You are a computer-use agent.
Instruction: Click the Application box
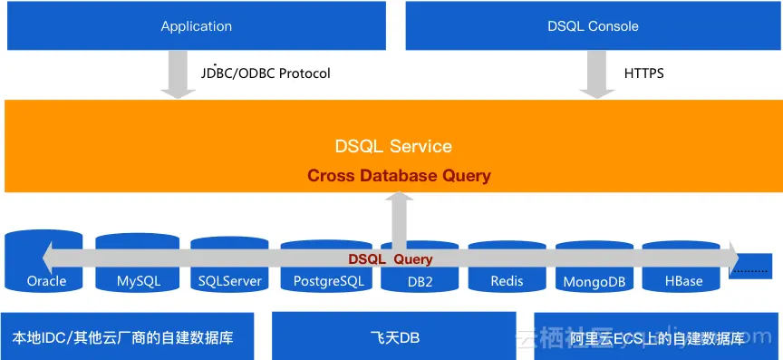coord(197,25)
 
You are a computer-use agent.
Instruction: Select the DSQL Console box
coord(594,25)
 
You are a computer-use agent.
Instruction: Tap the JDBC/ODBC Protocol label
coord(266,73)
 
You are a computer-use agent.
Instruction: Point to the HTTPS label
coord(644,73)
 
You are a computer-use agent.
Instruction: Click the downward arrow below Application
coord(178,74)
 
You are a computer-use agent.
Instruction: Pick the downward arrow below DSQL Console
coord(597,74)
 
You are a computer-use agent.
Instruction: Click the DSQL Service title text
coord(393,147)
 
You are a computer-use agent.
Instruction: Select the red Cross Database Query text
coord(399,176)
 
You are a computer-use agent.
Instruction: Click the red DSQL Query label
coord(391,259)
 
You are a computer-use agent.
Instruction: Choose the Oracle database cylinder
coord(43,260)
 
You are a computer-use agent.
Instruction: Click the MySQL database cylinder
coord(138,262)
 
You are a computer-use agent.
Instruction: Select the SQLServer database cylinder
coord(229,264)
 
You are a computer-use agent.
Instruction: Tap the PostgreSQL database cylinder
coord(326,266)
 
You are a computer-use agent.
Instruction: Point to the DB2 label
coord(420,281)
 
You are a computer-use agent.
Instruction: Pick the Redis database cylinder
coord(507,266)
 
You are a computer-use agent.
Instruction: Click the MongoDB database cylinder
coord(594,266)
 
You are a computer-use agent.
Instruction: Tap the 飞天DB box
coord(394,336)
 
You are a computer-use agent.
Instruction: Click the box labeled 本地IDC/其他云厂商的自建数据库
coord(127,336)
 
